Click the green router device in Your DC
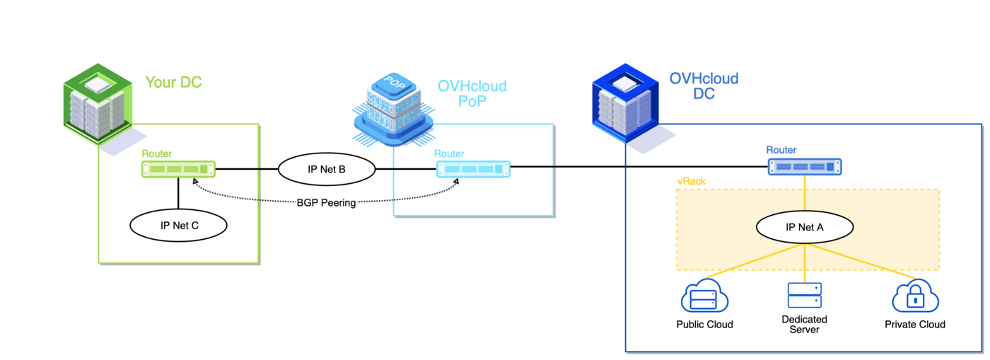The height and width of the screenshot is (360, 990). pos(178,169)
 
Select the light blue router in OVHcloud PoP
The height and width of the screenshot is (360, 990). pos(472,169)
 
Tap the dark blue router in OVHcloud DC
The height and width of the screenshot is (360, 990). pos(805,167)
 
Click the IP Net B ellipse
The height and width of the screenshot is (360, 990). pos(326,169)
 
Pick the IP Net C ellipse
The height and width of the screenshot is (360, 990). pos(178,226)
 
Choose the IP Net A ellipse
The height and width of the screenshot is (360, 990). pos(805,228)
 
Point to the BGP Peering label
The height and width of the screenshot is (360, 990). pos(326,202)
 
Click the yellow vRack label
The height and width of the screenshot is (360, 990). pos(691,182)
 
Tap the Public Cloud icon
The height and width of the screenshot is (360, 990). pos(704,298)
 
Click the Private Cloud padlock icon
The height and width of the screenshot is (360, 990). pos(915,298)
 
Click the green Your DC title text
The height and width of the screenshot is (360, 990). pos(173,83)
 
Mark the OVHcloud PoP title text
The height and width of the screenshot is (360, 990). pos(472,93)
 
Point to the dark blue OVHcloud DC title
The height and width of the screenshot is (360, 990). pos(704,86)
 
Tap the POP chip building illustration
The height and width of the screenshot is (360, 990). pos(393,108)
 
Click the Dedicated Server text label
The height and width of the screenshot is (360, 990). pos(804,325)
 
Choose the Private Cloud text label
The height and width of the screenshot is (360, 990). pos(915,325)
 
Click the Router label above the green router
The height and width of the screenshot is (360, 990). pos(156,153)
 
